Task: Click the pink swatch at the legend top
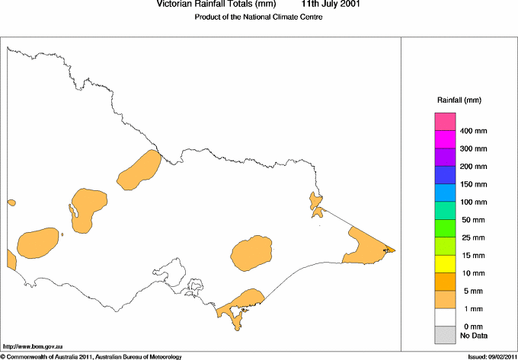pos(445,122)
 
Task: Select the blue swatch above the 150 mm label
pos(445,175)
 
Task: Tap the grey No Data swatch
pos(445,335)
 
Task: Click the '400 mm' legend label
pos(473,131)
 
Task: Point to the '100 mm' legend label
pos(473,202)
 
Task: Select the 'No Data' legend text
pos(474,335)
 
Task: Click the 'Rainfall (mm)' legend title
pos(459,100)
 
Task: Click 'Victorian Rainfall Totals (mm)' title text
pos(208,5)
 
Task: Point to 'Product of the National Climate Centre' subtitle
pos(259,18)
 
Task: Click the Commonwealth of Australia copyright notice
pos(91,356)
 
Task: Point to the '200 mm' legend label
pos(473,167)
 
